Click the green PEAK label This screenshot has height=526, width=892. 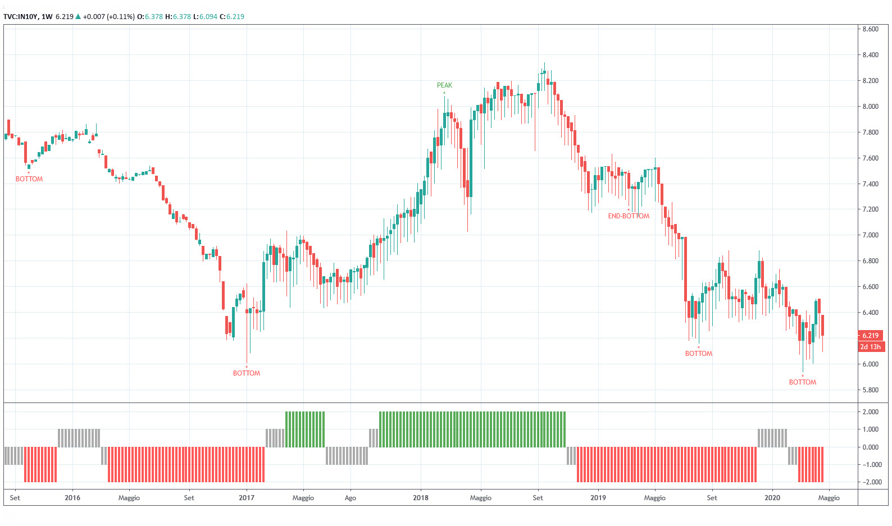pos(444,85)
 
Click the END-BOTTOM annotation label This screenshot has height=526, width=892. pos(629,216)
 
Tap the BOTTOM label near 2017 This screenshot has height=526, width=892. pos(247,373)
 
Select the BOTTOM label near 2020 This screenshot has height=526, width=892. pos(802,382)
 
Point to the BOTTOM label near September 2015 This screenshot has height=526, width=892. pos(29,179)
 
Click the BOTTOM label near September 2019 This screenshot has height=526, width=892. pos(698,354)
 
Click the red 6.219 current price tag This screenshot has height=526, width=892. pos(870,336)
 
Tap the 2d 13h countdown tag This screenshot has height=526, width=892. pos(870,347)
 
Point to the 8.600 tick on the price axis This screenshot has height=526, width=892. pos(870,29)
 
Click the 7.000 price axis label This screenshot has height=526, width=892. pos(870,235)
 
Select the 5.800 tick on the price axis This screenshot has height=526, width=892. pos(870,390)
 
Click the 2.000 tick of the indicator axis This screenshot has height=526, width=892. pos(871,412)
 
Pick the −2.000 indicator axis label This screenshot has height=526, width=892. pos(870,482)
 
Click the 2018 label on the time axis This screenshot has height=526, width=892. pos(420,498)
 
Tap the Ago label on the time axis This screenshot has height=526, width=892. pos(350,498)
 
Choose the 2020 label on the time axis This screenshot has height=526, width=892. pos(772,498)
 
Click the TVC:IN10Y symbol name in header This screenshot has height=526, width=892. pos(20,17)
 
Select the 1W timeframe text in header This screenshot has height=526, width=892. pos(47,17)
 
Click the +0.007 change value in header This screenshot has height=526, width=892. pos(94,17)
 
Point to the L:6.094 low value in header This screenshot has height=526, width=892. pos(205,17)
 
